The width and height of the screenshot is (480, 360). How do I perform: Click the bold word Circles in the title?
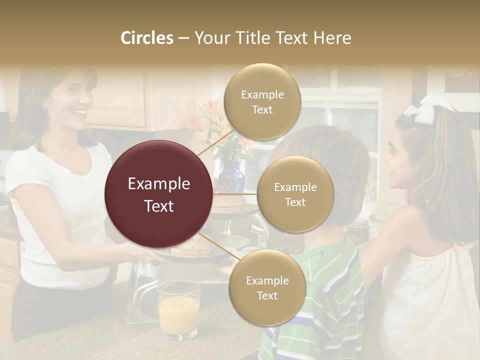pyautogui.click(x=146, y=38)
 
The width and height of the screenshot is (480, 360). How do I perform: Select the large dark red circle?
pyautogui.click(x=159, y=194)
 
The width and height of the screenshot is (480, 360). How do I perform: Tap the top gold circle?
pyautogui.click(x=262, y=102)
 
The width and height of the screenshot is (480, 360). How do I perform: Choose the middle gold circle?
pyautogui.click(x=295, y=194)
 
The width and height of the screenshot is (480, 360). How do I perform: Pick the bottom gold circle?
pyautogui.click(x=267, y=287)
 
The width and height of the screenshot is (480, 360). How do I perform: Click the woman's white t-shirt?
pyautogui.click(x=55, y=210)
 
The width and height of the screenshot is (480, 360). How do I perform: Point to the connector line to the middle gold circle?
pyautogui.click(x=235, y=193)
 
